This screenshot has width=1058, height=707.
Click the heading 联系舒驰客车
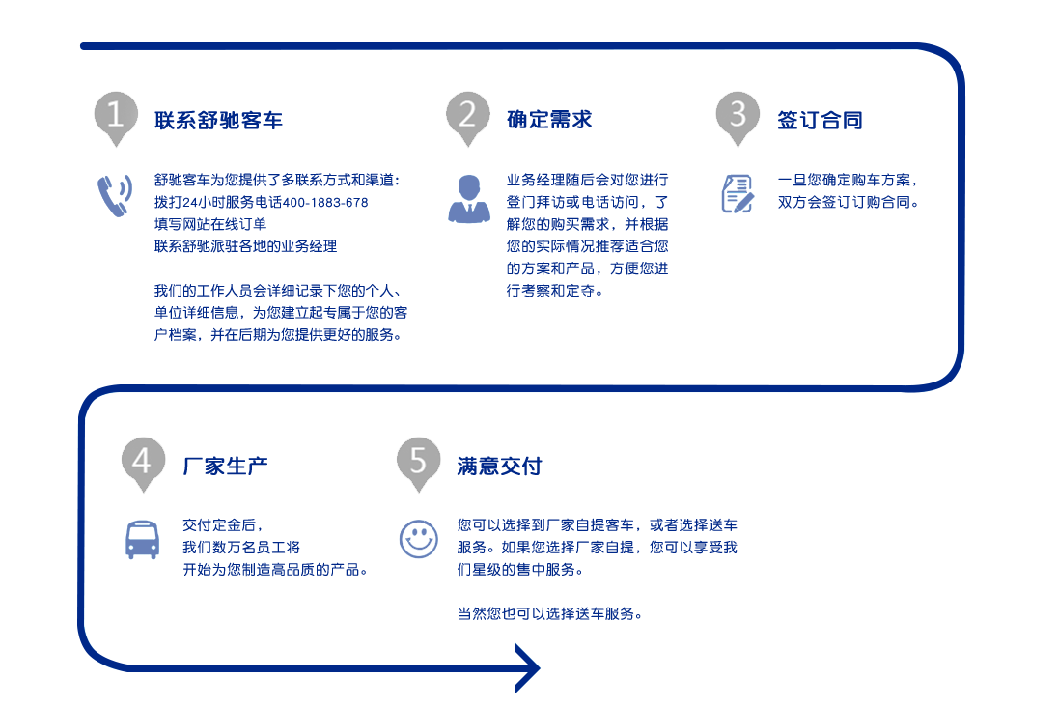click(x=218, y=120)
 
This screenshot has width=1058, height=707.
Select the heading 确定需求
click(x=549, y=120)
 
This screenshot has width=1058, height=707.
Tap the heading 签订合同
click(x=820, y=120)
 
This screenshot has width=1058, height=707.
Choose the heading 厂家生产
click(x=225, y=466)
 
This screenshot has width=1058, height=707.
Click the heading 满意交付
click(x=499, y=466)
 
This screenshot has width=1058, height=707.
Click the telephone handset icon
click(x=115, y=196)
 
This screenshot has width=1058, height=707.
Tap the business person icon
click(x=469, y=199)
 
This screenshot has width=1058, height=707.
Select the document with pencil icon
click(x=738, y=194)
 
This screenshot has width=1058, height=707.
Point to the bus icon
click(x=142, y=540)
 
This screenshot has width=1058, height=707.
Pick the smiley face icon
click(x=418, y=539)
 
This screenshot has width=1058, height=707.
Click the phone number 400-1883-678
click(x=325, y=203)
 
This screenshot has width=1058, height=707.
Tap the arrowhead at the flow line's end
click(x=528, y=667)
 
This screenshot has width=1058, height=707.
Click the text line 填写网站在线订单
click(x=210, y=224)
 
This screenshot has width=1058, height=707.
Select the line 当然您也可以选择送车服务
click(x=549, y=614)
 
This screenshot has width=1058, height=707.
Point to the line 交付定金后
click(x=223, y=525)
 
